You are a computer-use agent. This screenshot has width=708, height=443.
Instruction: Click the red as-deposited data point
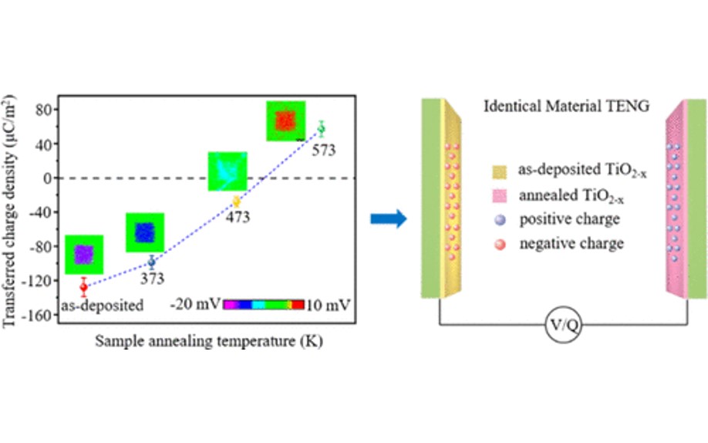click(83, 287)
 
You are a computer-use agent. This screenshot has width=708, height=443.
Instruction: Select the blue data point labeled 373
click(152, 262)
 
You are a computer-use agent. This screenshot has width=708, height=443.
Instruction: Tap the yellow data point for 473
click(236, 201)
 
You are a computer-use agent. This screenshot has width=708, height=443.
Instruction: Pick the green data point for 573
click(321, 129)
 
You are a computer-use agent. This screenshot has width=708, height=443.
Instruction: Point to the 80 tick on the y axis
click(46, 110)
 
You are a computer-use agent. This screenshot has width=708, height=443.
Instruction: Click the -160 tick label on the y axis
click(40, 315)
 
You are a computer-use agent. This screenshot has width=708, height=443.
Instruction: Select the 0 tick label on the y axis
click(48, 178)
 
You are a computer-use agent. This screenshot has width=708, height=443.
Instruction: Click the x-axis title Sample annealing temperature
click(208, 341)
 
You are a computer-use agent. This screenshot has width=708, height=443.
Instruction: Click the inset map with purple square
click(84, 255)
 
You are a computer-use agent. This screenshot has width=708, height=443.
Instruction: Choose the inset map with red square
click(286, 120)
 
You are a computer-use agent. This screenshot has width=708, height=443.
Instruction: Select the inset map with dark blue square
click(145, 232)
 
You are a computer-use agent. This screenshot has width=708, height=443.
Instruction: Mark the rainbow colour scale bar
click(264, 305)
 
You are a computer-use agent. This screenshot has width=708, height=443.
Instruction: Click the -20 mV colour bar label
click(195, 304)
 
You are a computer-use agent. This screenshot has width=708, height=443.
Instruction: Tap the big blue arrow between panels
click(388, 218)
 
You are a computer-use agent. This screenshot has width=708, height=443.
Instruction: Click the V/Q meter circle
click(564, 325)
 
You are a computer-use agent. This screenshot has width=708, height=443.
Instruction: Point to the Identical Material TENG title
click(567, 106)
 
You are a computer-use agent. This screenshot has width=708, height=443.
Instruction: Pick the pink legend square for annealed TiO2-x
click(500, 196)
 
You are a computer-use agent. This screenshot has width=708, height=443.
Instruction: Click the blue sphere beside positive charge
click(500, 220)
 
